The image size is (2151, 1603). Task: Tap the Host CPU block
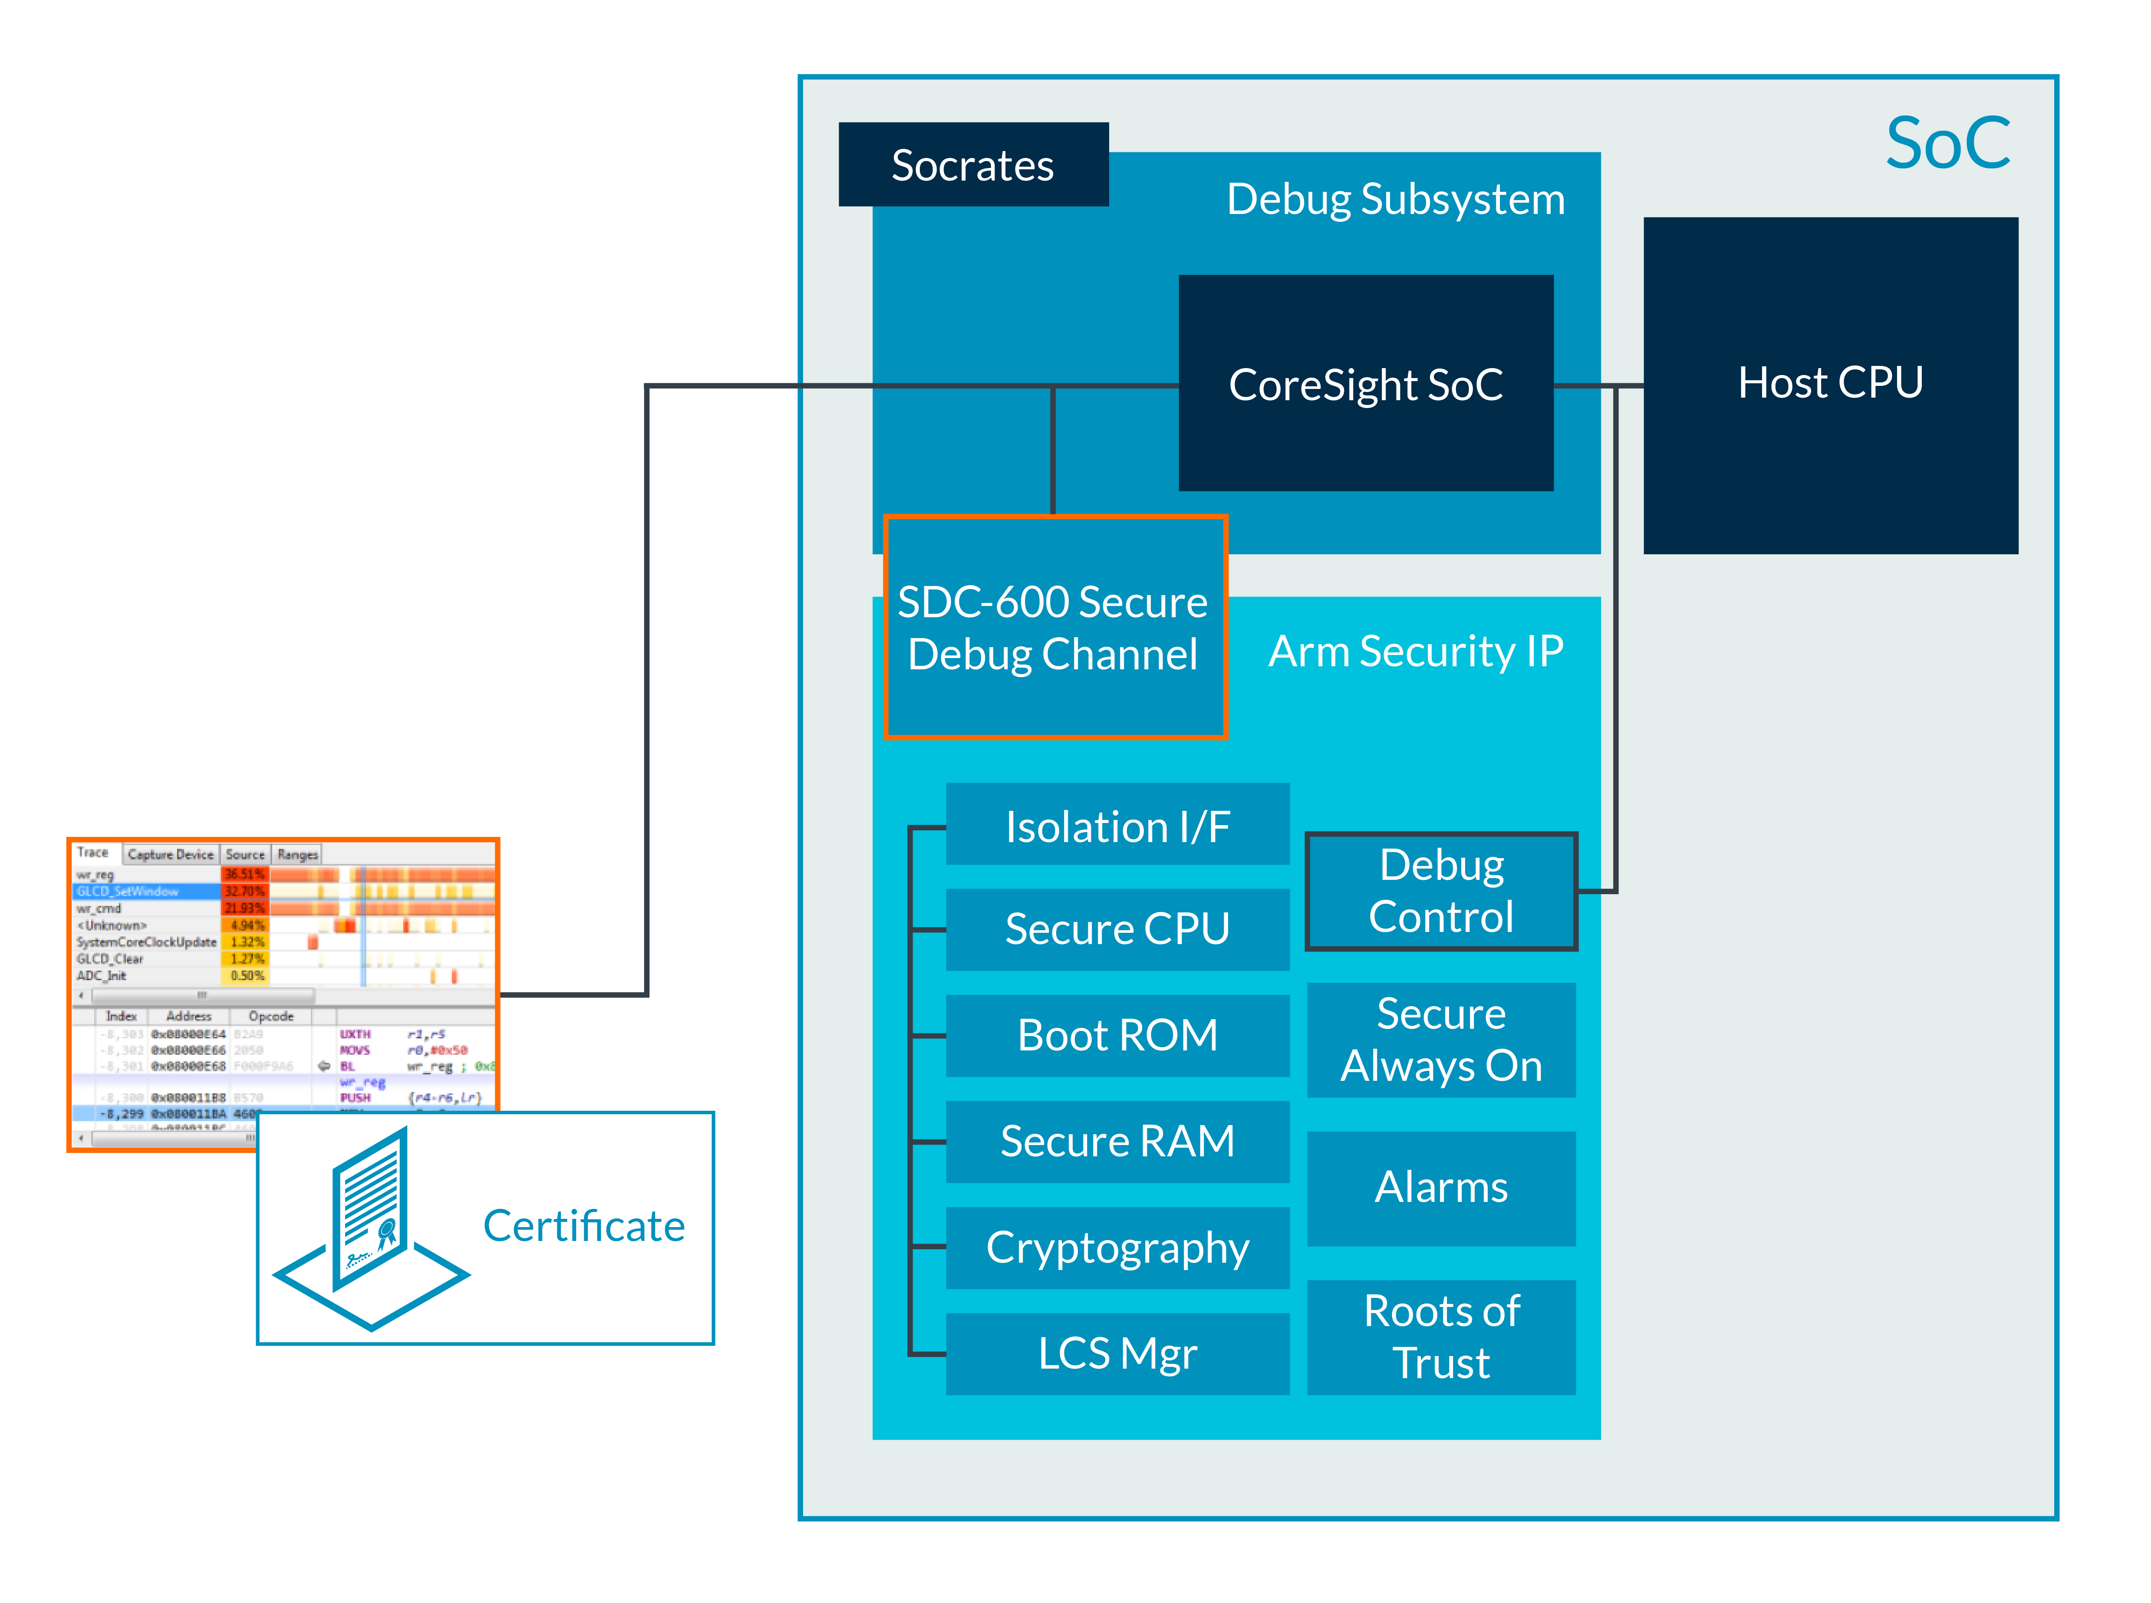click(x=1830, y=384)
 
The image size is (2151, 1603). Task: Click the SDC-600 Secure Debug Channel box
click(x=1054, y=628)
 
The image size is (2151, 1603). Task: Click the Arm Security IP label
click(x=1415, y=651)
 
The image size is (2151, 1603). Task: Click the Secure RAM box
click(x=1117, y=1141)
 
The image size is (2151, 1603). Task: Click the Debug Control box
click(x=1441, y=891)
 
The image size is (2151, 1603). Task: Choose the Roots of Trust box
click(x=1441, y=1337)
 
